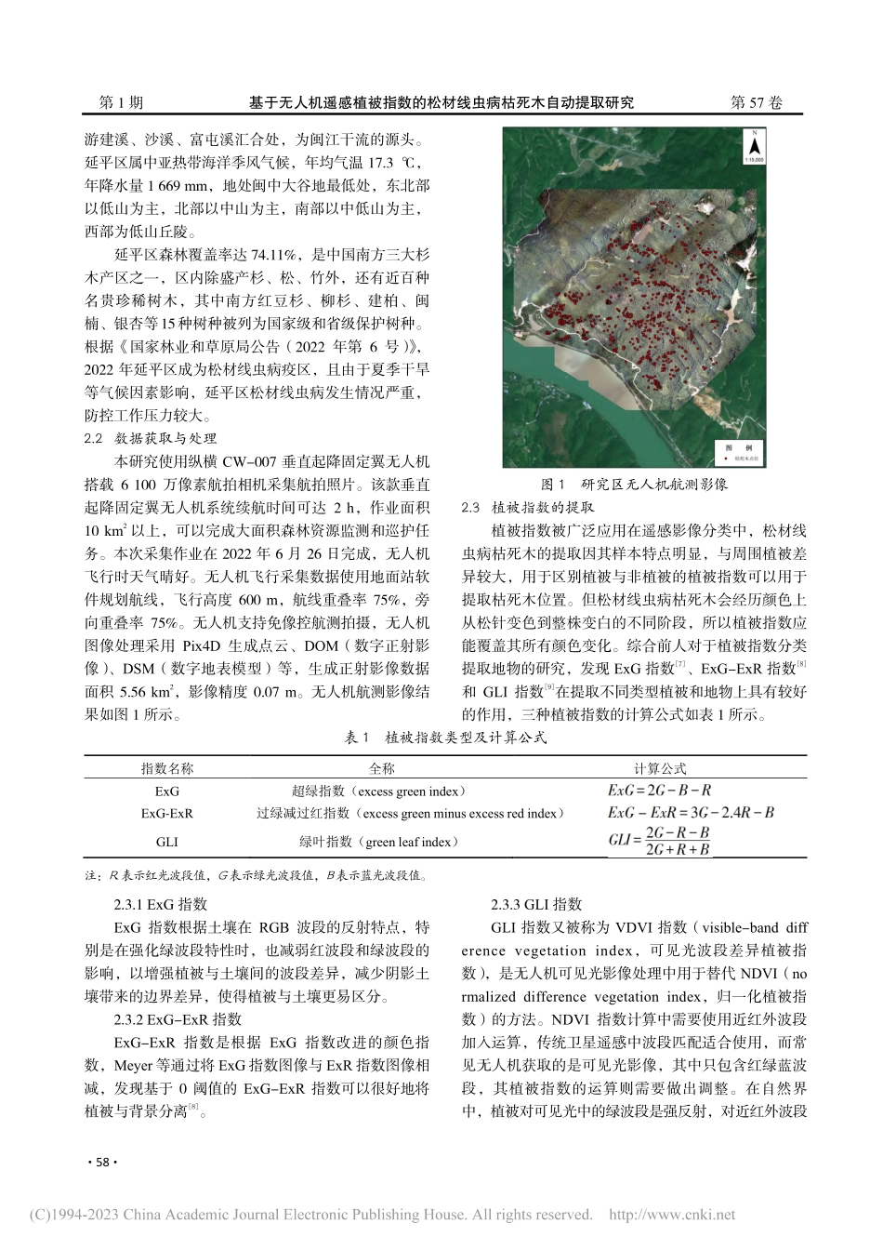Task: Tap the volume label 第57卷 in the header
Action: (757, 103)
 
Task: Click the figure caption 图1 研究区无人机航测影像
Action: (634, 485)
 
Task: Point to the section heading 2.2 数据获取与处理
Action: (151, 438)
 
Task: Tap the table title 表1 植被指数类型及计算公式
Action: (442, 738)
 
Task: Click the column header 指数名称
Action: (167, 768)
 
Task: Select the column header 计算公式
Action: (660, 768)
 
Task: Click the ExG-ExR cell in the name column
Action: (167, 814)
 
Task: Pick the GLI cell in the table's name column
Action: (167, 843)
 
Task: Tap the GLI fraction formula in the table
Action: (659, 841)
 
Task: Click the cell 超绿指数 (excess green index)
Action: (381, 791)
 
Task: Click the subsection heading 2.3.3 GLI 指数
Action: (536, 904)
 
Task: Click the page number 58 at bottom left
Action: (99, 1164)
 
